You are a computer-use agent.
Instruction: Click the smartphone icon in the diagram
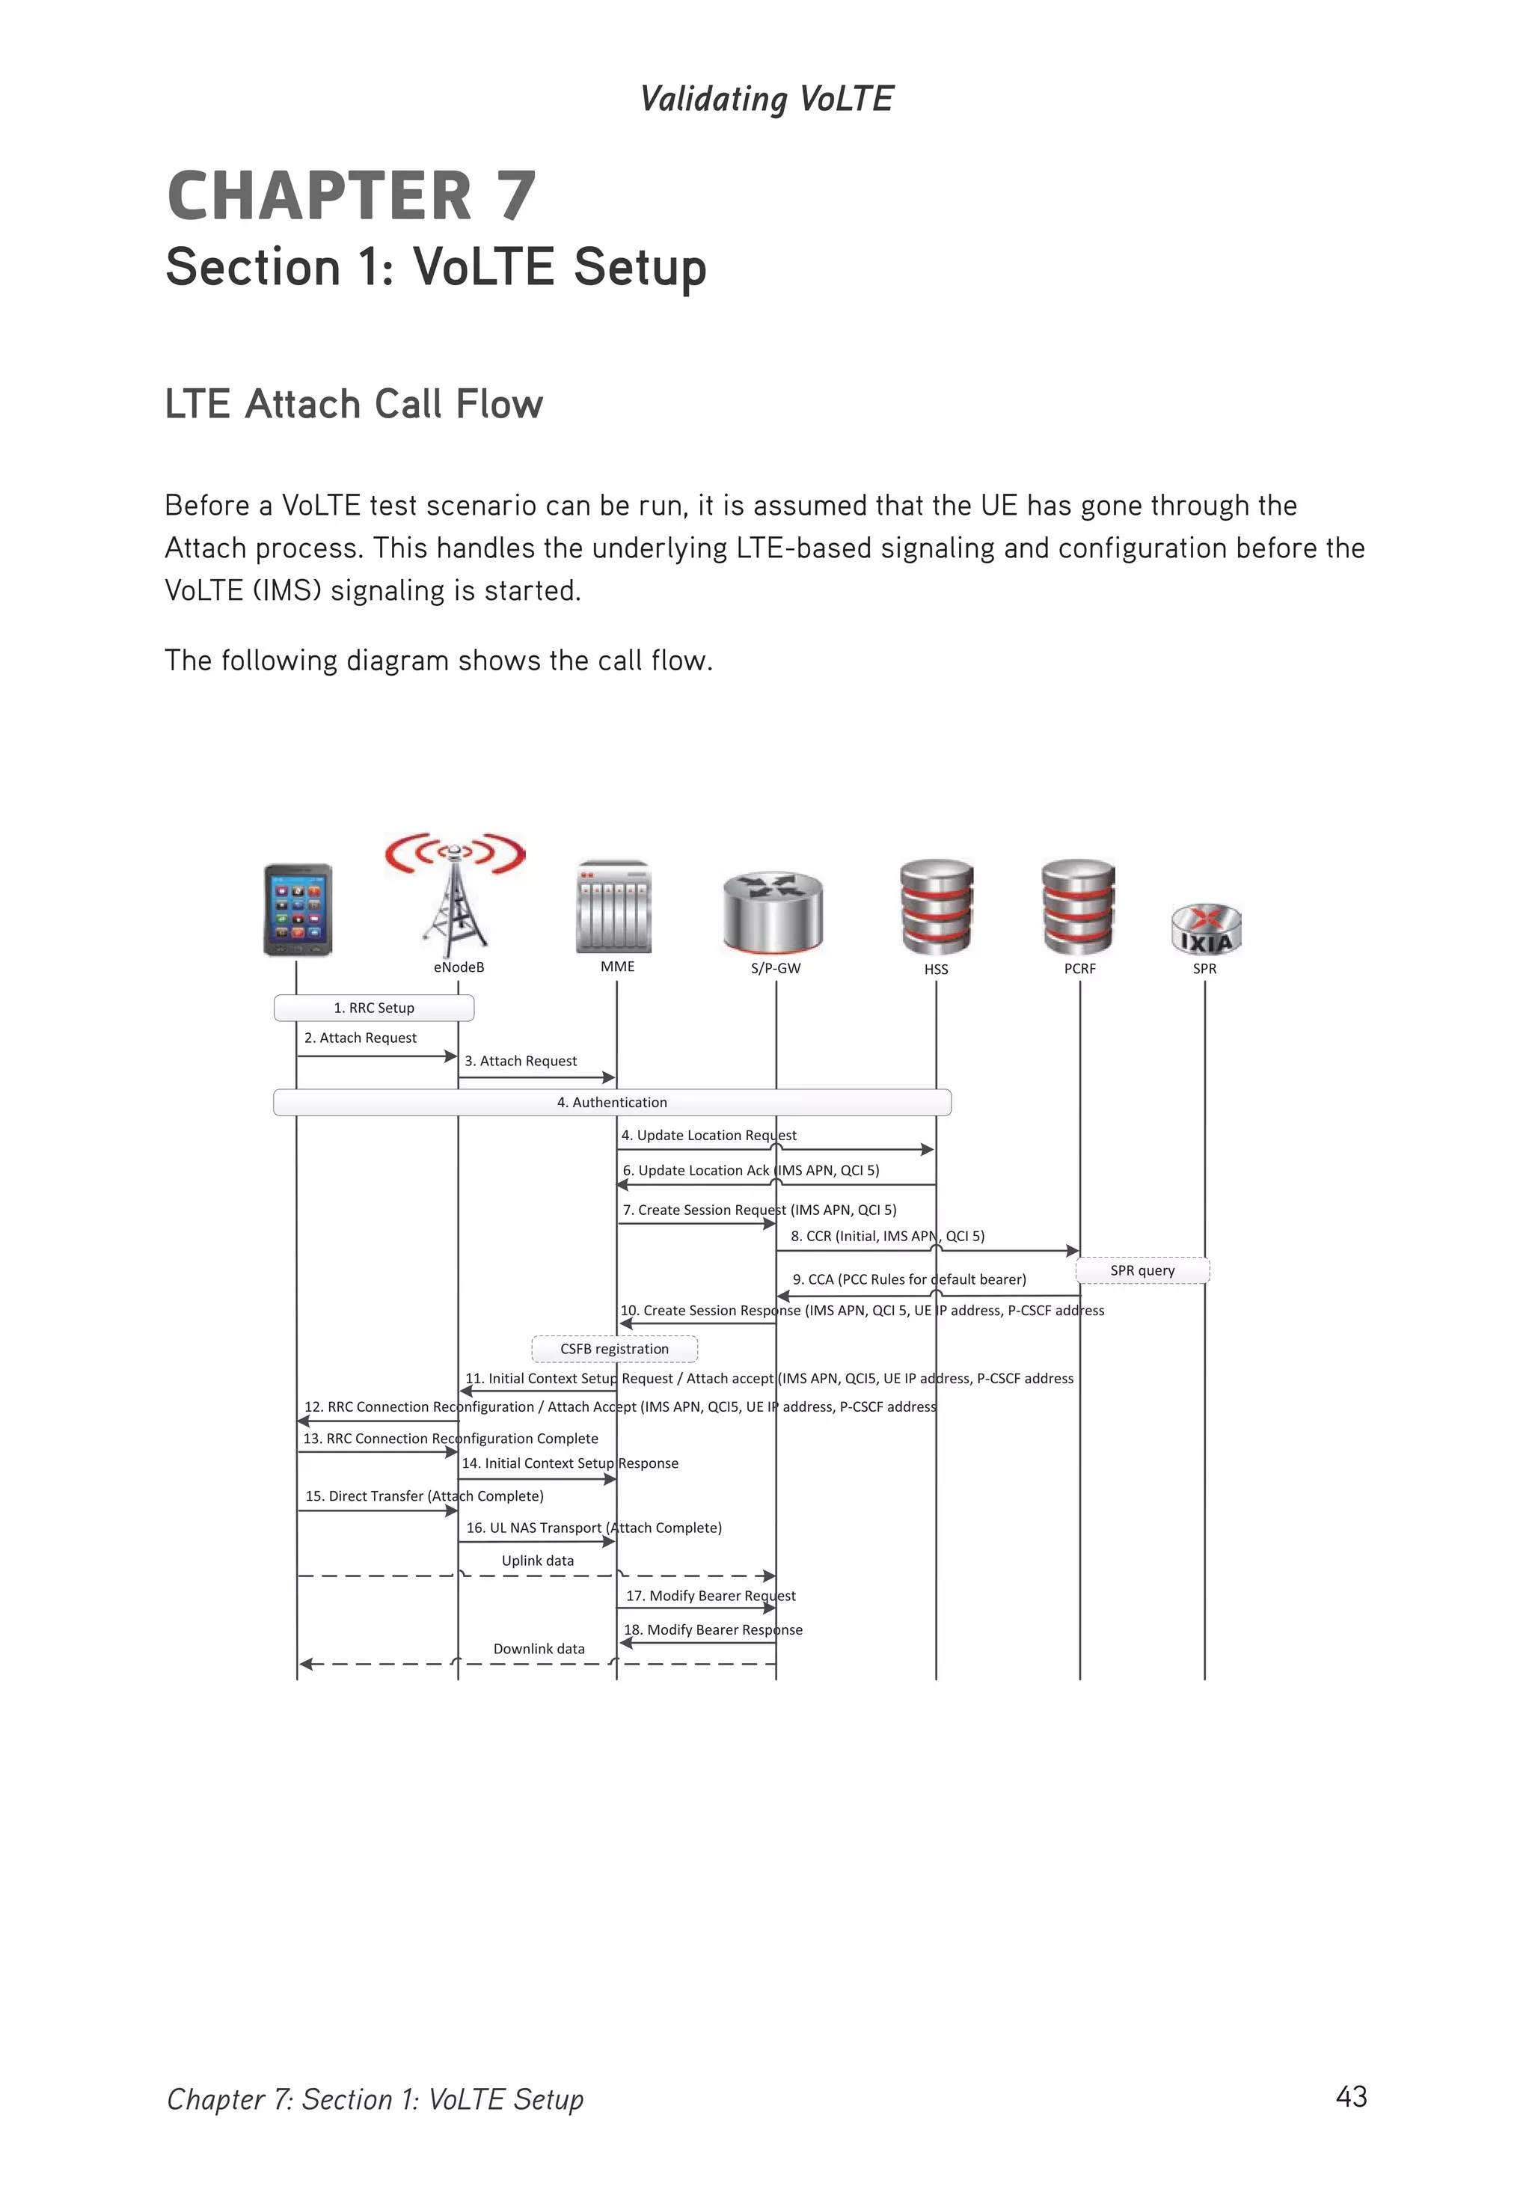[x=298, y=910]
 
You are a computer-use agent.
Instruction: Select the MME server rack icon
[x=614, y=907]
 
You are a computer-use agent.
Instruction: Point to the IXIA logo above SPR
[x=1206, y=930]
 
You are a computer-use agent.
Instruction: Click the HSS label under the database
[x=935, y=969]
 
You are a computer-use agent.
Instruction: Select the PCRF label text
[x=1079, y=968]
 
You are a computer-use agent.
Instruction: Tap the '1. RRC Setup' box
[x=374, y=1008]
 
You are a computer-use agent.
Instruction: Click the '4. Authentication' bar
[x=612, y=1102]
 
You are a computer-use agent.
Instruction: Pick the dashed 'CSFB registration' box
[x=614, y=1348]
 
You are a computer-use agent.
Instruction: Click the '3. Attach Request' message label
[x=521, y=1061]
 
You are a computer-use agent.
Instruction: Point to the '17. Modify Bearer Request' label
[x=710, y=1595]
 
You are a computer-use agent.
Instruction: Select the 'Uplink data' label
[x=538, y=1560]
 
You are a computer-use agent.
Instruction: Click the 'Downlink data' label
[x=539, y=1648]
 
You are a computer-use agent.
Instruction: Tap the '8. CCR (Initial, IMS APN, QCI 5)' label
[x=886, y=1236]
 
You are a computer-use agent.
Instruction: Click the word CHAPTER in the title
[x=319, y=197]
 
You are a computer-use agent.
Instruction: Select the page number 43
[x=1351, y=2095]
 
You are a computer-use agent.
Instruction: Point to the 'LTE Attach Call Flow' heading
[x=354, y=404]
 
